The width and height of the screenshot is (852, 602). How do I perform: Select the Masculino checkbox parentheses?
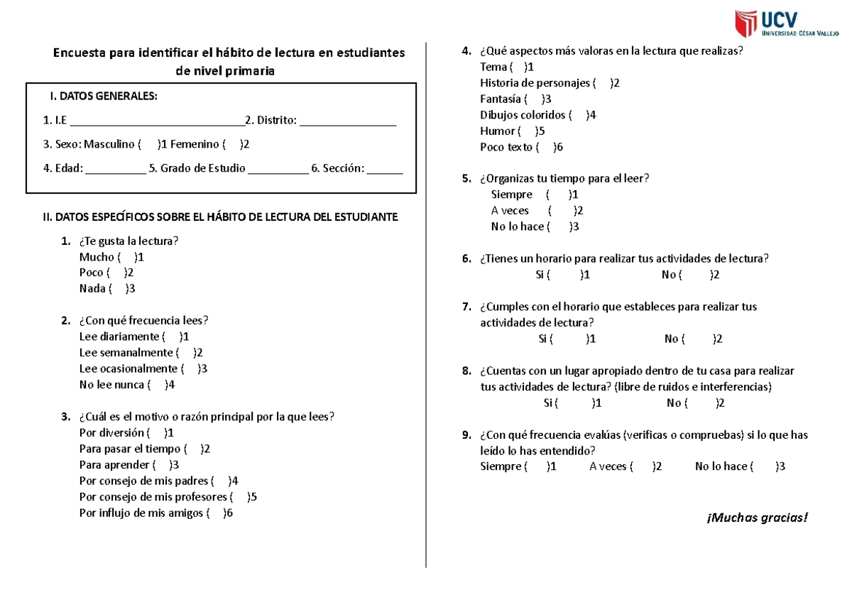pyautogui.click(x=148, y=145)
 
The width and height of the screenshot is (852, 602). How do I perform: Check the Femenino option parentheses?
pyautogui.click(x=232, y=145)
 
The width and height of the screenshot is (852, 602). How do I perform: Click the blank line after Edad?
pyautogui.click(x=115, y=169)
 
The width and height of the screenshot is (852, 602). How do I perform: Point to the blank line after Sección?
pyautogui.click(x=385, y=169)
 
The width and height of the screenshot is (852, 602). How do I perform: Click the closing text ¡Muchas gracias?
pyautogui.click(x=757, y=516)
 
